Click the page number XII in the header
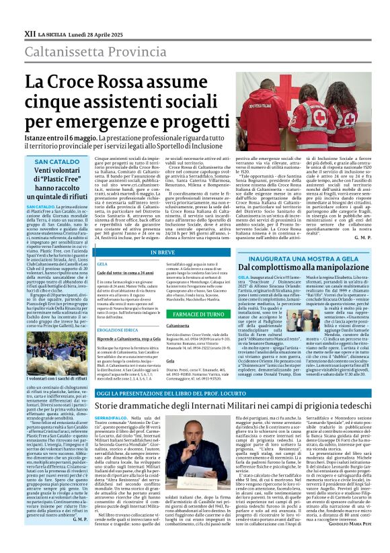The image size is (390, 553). point(30,32)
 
